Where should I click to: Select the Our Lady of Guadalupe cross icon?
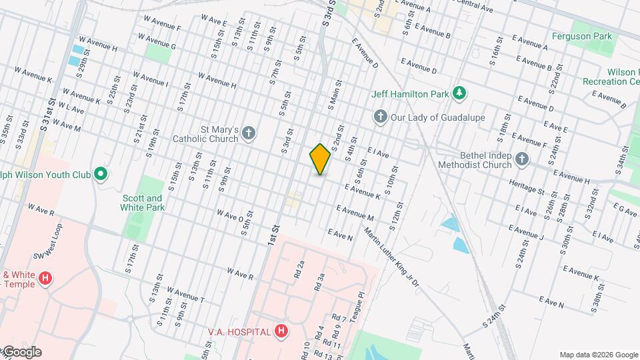[381, 117]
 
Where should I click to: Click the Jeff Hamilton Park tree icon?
[459, 94]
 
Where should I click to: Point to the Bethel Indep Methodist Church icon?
[522, 159]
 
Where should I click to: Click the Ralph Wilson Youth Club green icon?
[101, 175]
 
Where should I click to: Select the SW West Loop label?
[48, 244]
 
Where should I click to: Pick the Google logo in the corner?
[21, 352]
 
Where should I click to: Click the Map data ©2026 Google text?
[598, 355]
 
